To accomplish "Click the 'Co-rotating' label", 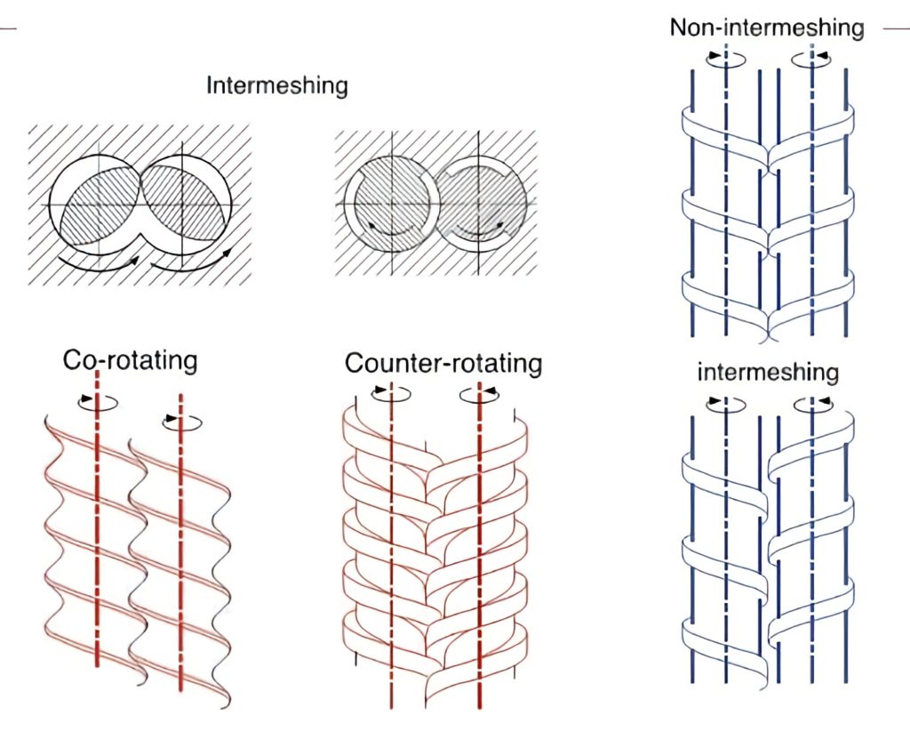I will click(x=130, y=360).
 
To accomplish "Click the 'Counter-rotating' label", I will click(x=443, y=363).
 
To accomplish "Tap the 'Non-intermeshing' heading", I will click(x=766, y=27).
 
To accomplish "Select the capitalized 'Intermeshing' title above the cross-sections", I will click(x=276, y=86).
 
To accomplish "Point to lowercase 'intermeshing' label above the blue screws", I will click(x=767, y=371).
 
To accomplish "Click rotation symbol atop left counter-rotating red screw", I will click(x=391, y=391).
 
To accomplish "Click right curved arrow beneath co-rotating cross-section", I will click(x=192, y=260).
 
